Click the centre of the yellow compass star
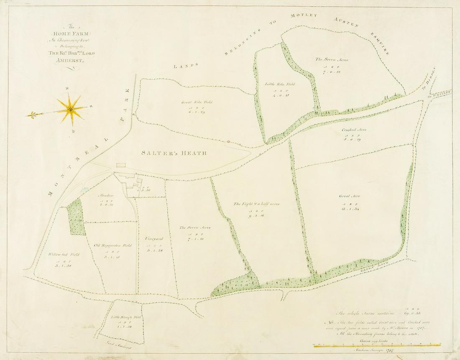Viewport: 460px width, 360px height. tap(70, 108)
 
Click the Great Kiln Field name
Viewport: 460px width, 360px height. tap(197, 102)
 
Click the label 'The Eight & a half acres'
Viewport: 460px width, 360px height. tap(256, 204)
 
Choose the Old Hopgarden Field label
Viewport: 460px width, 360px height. tap(112, 245)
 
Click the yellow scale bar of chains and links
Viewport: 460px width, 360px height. tap(376, 345)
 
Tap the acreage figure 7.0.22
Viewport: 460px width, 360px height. tap(332, 71)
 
